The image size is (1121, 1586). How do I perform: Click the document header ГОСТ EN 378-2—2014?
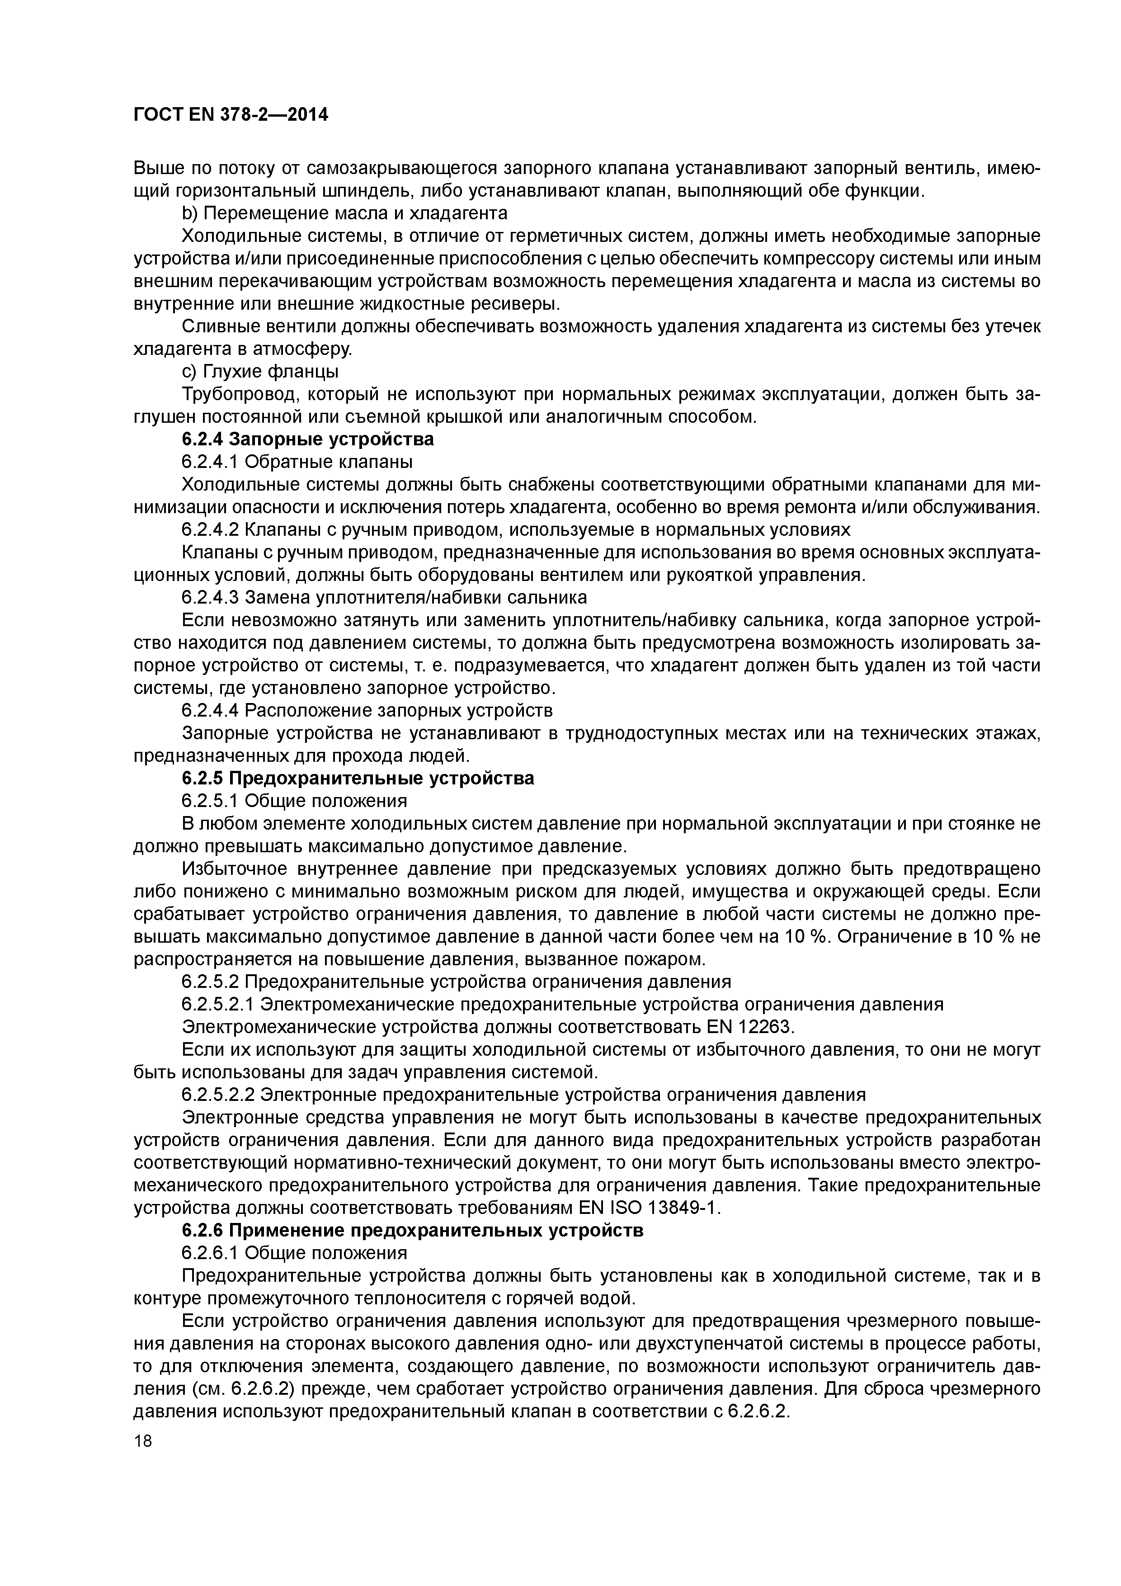coord(231,115)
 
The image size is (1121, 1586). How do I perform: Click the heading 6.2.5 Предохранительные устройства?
coord(358,779)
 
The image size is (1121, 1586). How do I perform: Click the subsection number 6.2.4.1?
coord(210,462)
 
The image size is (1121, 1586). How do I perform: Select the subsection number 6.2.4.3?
coord(210,597)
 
